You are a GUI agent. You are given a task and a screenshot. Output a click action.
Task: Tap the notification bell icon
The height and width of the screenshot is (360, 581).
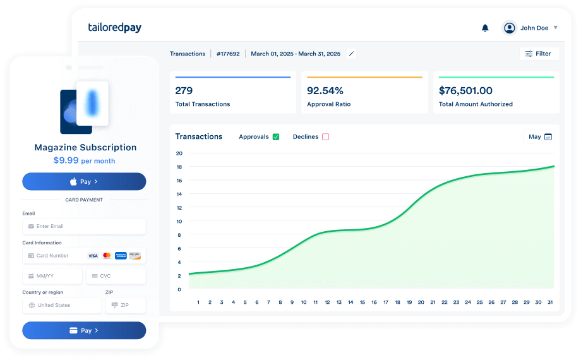pos(485,28)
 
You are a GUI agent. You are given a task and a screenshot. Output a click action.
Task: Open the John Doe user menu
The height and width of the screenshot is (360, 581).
pos(530,28)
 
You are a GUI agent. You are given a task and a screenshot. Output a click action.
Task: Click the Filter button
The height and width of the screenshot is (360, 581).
pos(538,54)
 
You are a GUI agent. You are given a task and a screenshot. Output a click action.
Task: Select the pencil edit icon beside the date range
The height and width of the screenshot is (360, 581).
pos(351,54)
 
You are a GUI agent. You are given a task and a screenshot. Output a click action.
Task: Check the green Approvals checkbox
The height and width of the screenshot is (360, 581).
pos(276,136)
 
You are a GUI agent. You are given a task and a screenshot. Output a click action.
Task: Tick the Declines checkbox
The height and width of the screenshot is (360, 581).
pos(326,136)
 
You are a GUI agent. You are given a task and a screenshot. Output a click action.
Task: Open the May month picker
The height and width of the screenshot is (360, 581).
pos(540,136)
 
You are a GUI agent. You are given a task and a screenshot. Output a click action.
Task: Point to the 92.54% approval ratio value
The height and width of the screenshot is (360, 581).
pos(325,90)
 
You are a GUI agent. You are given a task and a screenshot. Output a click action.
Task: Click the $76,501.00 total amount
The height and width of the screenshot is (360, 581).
pos(465,90)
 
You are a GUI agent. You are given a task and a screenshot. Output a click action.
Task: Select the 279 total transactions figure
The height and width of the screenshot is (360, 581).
pos(184,90)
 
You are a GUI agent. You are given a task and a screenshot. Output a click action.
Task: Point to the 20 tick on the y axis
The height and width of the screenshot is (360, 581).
pos(179,153)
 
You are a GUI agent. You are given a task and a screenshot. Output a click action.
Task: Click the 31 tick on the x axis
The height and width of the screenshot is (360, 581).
pos(550,303)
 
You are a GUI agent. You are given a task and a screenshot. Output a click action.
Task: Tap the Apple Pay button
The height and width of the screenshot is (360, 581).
pos(84,182)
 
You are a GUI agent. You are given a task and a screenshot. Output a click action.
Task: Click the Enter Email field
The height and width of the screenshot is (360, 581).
pos(84,226)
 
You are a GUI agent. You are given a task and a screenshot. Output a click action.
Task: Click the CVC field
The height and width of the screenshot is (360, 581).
pos(116,276)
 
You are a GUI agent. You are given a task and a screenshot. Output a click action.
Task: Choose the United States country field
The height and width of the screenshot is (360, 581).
pos(62,305)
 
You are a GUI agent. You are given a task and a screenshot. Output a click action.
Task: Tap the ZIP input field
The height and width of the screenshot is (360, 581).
pos(125,305)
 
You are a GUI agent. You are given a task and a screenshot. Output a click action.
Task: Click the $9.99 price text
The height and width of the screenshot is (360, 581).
pos(66,160)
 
